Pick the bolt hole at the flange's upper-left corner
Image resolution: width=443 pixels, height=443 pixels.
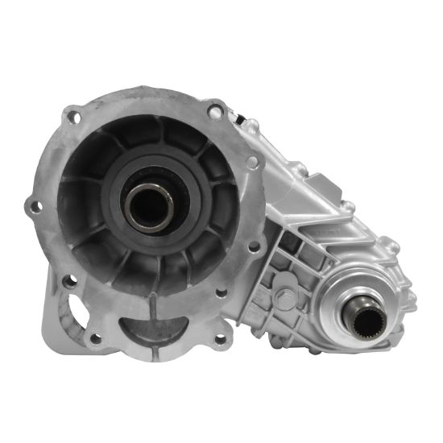[x=74, y=118]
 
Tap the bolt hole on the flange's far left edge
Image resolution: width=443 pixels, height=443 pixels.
[x=35, y=207]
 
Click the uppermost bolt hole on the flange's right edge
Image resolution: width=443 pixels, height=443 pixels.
[x=251, y=162]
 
